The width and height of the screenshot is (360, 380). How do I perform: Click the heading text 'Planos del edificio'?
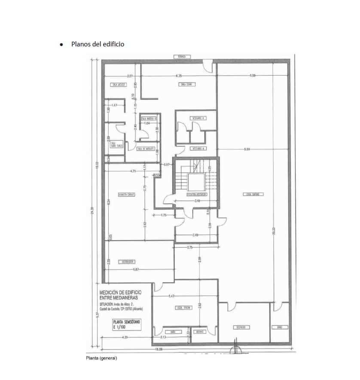pos(98,44)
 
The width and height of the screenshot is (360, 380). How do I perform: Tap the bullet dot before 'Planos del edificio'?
pos(63,44)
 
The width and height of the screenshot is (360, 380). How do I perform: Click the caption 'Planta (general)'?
pos(101,358)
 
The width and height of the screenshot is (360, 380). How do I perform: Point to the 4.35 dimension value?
pos(179,76)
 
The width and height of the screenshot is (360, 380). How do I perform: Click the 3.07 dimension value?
pos(124,76)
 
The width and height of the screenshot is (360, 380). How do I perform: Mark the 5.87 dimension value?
pos(136,269)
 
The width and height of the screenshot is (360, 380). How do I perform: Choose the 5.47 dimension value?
pos(172,296)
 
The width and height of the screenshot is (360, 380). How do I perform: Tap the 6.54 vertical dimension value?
pos(109,202)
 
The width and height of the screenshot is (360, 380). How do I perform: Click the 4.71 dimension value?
pos(133,171)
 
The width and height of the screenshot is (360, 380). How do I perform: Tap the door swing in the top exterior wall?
pos(208,67)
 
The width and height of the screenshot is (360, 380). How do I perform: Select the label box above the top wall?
pos(180,57)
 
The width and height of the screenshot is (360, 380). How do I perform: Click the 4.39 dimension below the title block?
pos(125,337)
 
